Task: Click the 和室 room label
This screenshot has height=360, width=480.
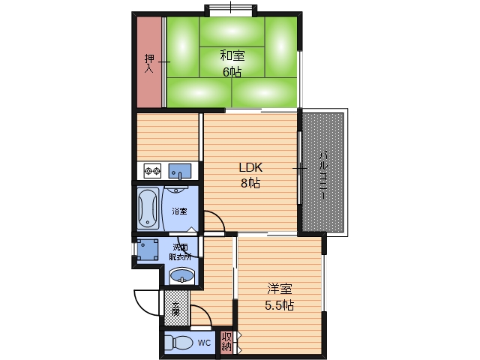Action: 232,55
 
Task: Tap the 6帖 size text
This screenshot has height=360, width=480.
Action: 232,72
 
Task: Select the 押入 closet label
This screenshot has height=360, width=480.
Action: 149,63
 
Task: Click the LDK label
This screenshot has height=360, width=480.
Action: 250,167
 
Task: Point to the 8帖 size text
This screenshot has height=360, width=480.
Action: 250,183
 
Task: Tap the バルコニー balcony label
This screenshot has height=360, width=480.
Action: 323,176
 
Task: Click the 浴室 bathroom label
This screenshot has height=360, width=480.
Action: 179,211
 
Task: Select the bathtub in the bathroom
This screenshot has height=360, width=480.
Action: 148,208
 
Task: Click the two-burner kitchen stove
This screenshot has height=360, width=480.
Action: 152,170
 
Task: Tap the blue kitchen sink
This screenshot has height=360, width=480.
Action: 180,171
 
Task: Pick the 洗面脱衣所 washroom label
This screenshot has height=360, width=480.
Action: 180,252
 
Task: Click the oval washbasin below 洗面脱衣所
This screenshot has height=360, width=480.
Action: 181,276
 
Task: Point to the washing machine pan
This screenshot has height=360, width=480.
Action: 148,250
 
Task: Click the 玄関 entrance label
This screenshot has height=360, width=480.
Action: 175,308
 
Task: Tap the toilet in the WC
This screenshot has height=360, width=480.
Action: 178,343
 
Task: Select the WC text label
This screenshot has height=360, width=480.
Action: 204,343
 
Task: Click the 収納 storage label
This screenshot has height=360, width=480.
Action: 226,342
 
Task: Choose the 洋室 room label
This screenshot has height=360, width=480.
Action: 280,289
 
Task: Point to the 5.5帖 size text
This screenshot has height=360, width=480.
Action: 280,305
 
